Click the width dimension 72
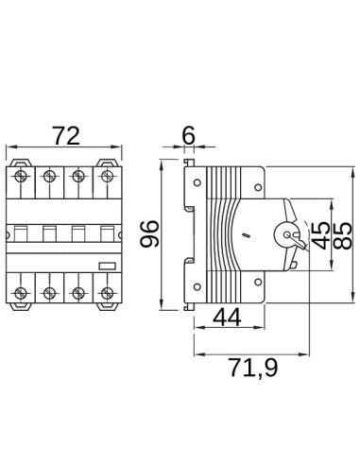click(x=64, y=136)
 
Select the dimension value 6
click(x=188, y=135)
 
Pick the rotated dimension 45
click(x=319, y=233)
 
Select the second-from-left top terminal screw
click(x=49, y=176)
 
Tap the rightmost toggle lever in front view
click(x=105, y=232)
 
